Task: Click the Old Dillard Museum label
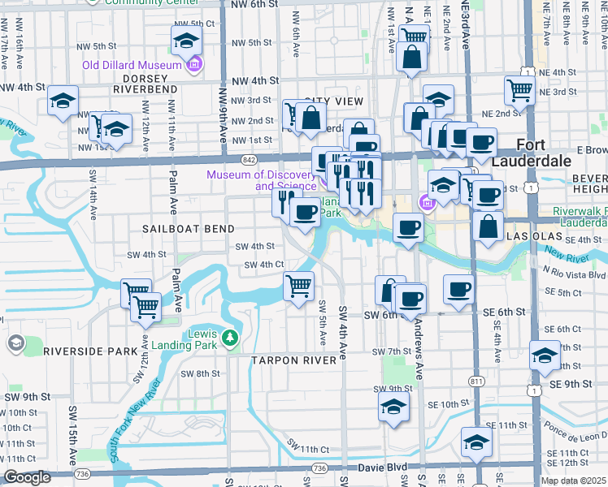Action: pos(131,65)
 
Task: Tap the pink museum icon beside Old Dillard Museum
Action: pos(193,65)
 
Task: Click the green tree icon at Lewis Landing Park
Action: pos(230,337)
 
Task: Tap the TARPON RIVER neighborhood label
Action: pos(293,360)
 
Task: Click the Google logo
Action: pos(26,478)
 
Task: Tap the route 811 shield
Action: pos(476,381)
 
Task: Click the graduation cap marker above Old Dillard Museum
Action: pos(186,40)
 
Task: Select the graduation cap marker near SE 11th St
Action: pos(476,442)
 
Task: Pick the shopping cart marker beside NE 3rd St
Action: pos(519,91)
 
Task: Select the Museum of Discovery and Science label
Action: pos(260,180)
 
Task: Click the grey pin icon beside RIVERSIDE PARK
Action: pos(15,343)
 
